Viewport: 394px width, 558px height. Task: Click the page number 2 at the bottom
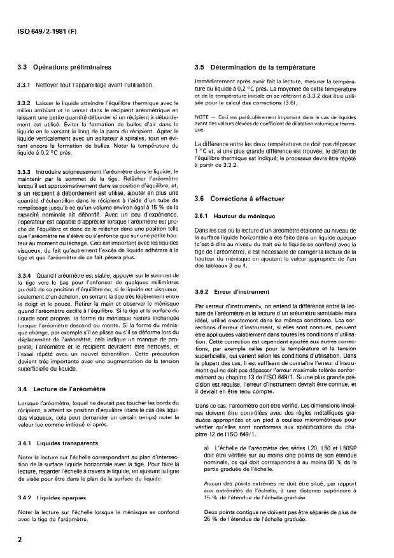(21, 538)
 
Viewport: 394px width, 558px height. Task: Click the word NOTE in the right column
(203, 117)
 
